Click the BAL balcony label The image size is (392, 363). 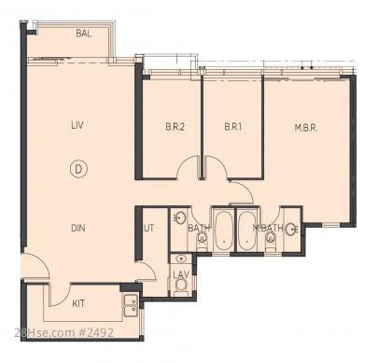(84, 34)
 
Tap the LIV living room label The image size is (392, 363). (77, 125)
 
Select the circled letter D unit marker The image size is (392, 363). (78, 169)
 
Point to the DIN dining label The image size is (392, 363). (78, 228)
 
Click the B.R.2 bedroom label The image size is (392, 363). (175, 127)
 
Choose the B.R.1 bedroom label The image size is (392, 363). (233, 127)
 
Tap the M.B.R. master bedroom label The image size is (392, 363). (306, 128)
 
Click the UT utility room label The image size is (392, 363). (149, 228)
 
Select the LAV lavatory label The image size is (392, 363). (181, 274)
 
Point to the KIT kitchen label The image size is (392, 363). (78, 303)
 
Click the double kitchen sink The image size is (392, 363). (131, 305)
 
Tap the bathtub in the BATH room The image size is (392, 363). (224, 230)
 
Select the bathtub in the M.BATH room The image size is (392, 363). (247, 230)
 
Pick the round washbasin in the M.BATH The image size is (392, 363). (292, 230)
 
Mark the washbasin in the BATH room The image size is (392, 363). (179, 217)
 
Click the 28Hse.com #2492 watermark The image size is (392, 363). (63, 333)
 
